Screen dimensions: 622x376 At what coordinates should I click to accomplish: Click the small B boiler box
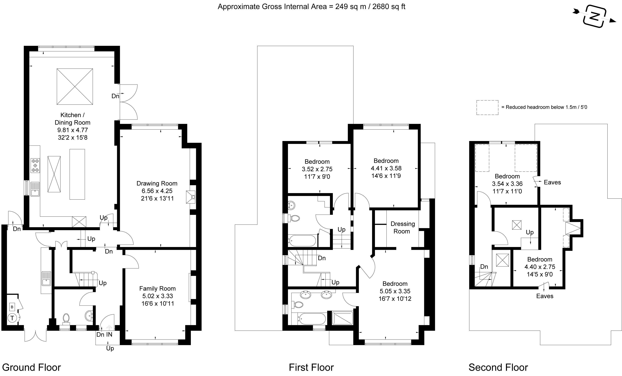(12, 307)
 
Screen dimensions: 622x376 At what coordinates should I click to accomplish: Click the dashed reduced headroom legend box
(487, 108)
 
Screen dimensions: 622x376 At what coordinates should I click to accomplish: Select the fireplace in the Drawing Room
(191, 197)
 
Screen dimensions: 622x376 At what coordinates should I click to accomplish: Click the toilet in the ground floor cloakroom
(66, 319)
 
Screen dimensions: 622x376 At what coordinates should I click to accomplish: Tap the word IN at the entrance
(109, 334)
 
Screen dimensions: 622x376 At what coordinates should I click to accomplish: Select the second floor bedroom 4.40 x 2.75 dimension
(540, 267)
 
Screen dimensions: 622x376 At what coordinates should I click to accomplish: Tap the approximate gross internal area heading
(311, 6)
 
